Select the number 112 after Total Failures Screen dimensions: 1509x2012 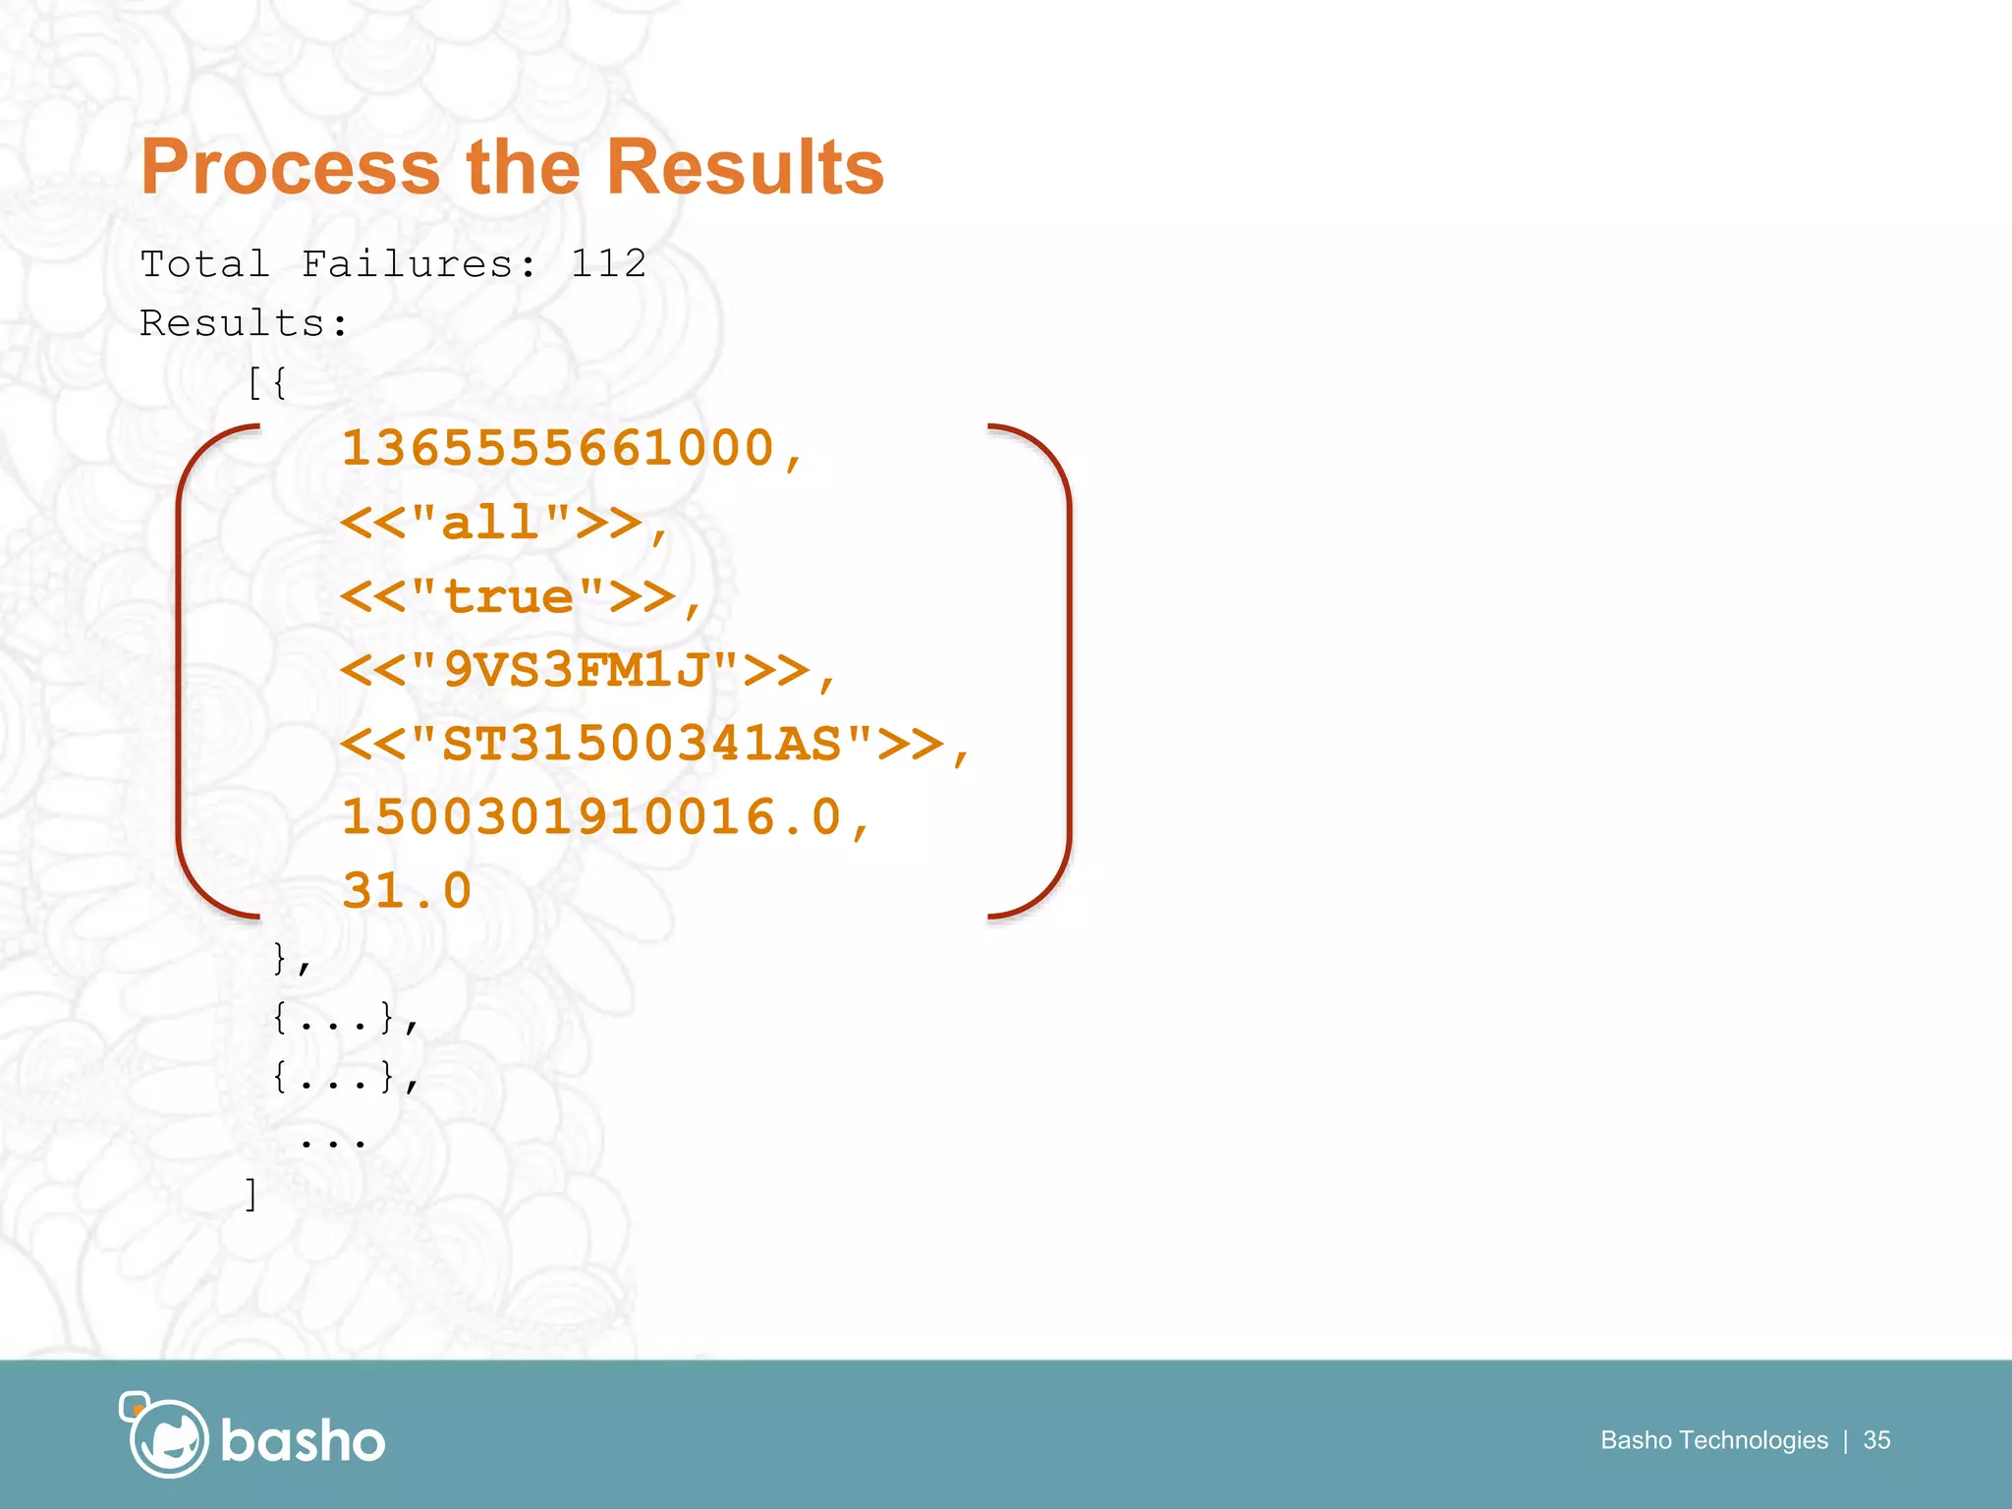click(608, 263)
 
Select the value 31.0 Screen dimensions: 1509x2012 click(407, 891)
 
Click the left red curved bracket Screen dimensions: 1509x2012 click(183, 671)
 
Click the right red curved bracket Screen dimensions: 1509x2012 click(1065, 671)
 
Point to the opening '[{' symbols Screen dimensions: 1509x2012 click(266, 383)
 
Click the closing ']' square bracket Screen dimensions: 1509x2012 click(251, 1195)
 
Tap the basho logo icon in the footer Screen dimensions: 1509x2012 click(164, 1435)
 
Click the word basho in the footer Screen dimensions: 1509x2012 click(303, 1441)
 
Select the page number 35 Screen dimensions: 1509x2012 click(1876, 1440)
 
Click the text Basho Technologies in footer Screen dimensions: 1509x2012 click(1713, 1440)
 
